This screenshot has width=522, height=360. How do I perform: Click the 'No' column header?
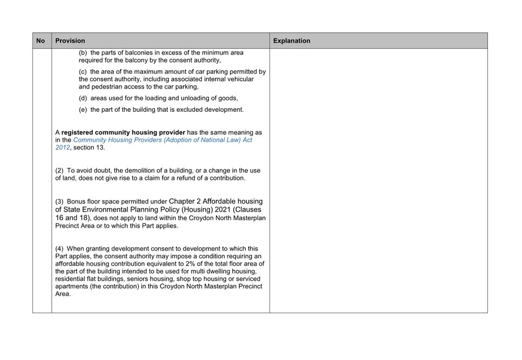tap(41, 40)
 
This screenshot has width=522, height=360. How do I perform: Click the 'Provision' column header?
tap(70, 40)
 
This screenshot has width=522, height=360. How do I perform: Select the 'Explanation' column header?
tap(292, 40)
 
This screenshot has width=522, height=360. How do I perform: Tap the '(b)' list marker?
tap(84, 53)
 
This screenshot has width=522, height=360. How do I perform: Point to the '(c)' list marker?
tap(84, 72)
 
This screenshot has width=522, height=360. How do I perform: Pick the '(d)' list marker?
tap(84, 98)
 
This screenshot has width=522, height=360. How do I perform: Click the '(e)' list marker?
tap(84, 110)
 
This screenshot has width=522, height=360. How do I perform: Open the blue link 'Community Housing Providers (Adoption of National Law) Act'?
tap(162, 140)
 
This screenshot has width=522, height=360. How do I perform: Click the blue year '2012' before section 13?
tap(63, 147)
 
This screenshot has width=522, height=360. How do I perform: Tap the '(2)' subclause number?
tap(60, 171)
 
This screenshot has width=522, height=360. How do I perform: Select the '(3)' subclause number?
tap(60, 202)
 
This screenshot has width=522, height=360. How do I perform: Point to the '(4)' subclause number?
tap(60, 249)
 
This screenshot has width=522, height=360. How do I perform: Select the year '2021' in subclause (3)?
tap(212, 209)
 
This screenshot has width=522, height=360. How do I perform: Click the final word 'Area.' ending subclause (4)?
tap(63, 294)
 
